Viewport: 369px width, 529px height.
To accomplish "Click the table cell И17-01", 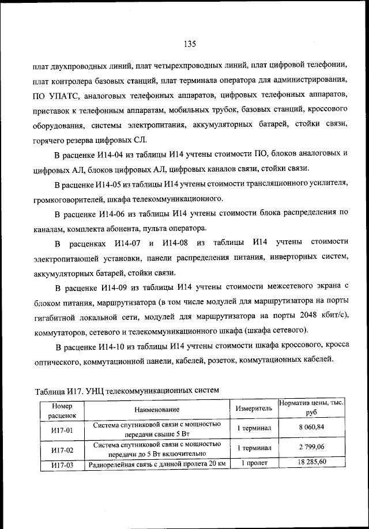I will click(61, 429).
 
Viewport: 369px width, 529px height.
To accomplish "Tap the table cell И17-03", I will click(61, 464).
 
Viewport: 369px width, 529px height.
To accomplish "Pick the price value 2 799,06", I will click(311, 447).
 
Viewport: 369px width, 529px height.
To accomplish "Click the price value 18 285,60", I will click(311, 462).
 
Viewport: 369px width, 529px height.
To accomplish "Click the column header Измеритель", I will click(254, 408).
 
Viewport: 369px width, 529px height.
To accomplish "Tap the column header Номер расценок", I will click(61, 409).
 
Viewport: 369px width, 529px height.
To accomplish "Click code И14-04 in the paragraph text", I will click(115, 154).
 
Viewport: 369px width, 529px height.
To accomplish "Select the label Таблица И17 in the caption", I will click(58, 390).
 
